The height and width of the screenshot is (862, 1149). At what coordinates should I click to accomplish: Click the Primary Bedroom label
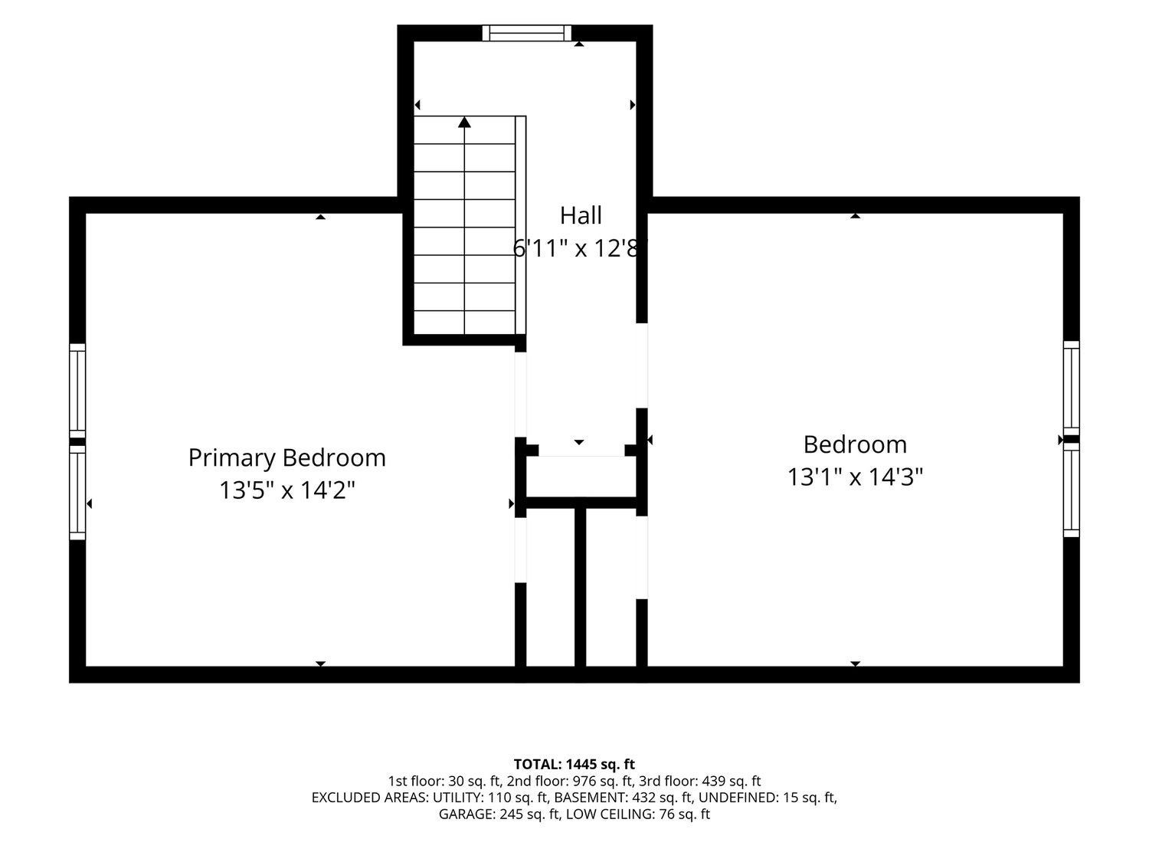286,458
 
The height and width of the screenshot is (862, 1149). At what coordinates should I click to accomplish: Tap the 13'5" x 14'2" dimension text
286,490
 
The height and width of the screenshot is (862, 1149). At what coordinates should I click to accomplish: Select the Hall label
581,215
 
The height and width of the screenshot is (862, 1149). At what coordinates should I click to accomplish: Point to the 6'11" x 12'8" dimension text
580,248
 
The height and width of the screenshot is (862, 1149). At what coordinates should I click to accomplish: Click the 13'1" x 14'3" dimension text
855,477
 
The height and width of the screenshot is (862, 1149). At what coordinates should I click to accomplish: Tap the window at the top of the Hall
526,33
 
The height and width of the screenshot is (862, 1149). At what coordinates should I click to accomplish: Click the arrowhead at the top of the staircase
464,122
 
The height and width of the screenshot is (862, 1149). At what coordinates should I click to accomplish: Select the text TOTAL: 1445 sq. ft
574,764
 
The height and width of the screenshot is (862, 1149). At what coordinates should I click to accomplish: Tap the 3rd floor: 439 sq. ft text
700,781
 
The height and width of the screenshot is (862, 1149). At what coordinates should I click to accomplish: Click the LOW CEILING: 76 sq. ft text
638,814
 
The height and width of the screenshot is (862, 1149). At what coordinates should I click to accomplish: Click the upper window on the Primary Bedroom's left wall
77,391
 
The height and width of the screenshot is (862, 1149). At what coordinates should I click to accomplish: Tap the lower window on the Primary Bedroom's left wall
77,493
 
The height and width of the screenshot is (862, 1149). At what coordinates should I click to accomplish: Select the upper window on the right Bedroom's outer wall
1071,388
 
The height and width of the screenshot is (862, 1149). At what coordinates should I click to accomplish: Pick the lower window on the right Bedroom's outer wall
1071,490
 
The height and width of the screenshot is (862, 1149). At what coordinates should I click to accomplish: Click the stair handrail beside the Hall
520,225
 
